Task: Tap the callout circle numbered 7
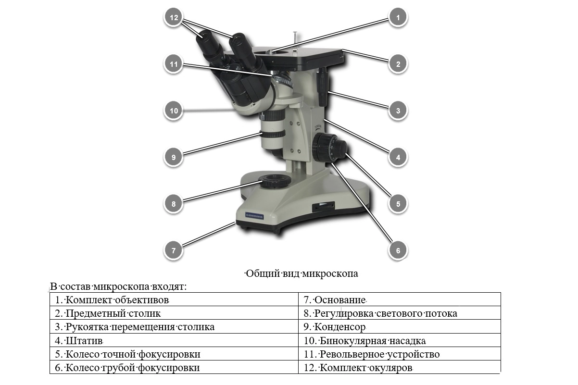[x=174, y=250]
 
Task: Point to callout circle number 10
[x=174, y=111]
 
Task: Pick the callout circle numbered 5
[x=398, y=204]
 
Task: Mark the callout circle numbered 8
[x=174, y=204]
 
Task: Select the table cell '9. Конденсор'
[x=400, y=327]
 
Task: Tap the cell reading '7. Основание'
[x=400, y=300]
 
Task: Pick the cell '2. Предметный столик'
[x=174, y=313]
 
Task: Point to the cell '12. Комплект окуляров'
[x=400, y=368]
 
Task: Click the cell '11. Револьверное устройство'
[x=400, y=354]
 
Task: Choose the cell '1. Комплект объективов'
[x=174, y=300]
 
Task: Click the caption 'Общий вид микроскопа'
[x=302, y=274]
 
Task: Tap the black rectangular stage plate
[x=298, y=56]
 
